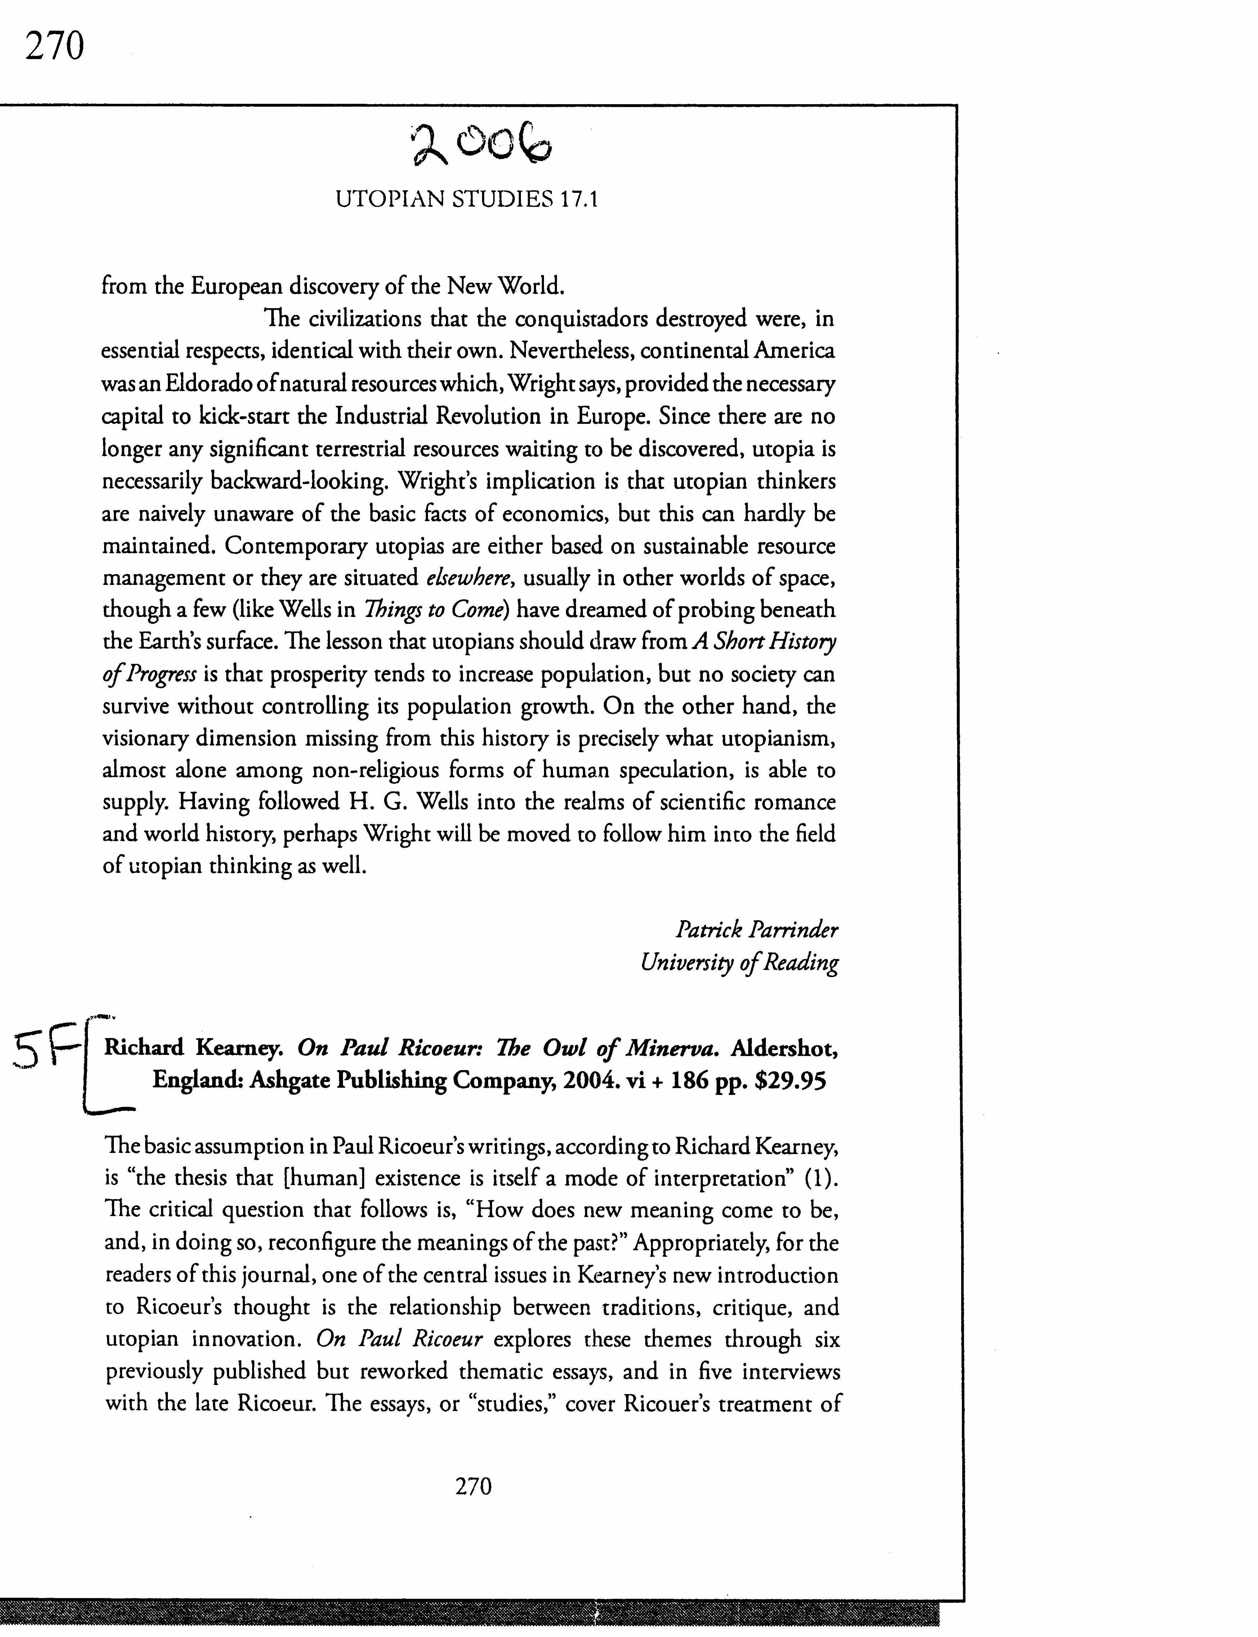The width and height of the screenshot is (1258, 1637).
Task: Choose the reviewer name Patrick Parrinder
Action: (x=756, y=930)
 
